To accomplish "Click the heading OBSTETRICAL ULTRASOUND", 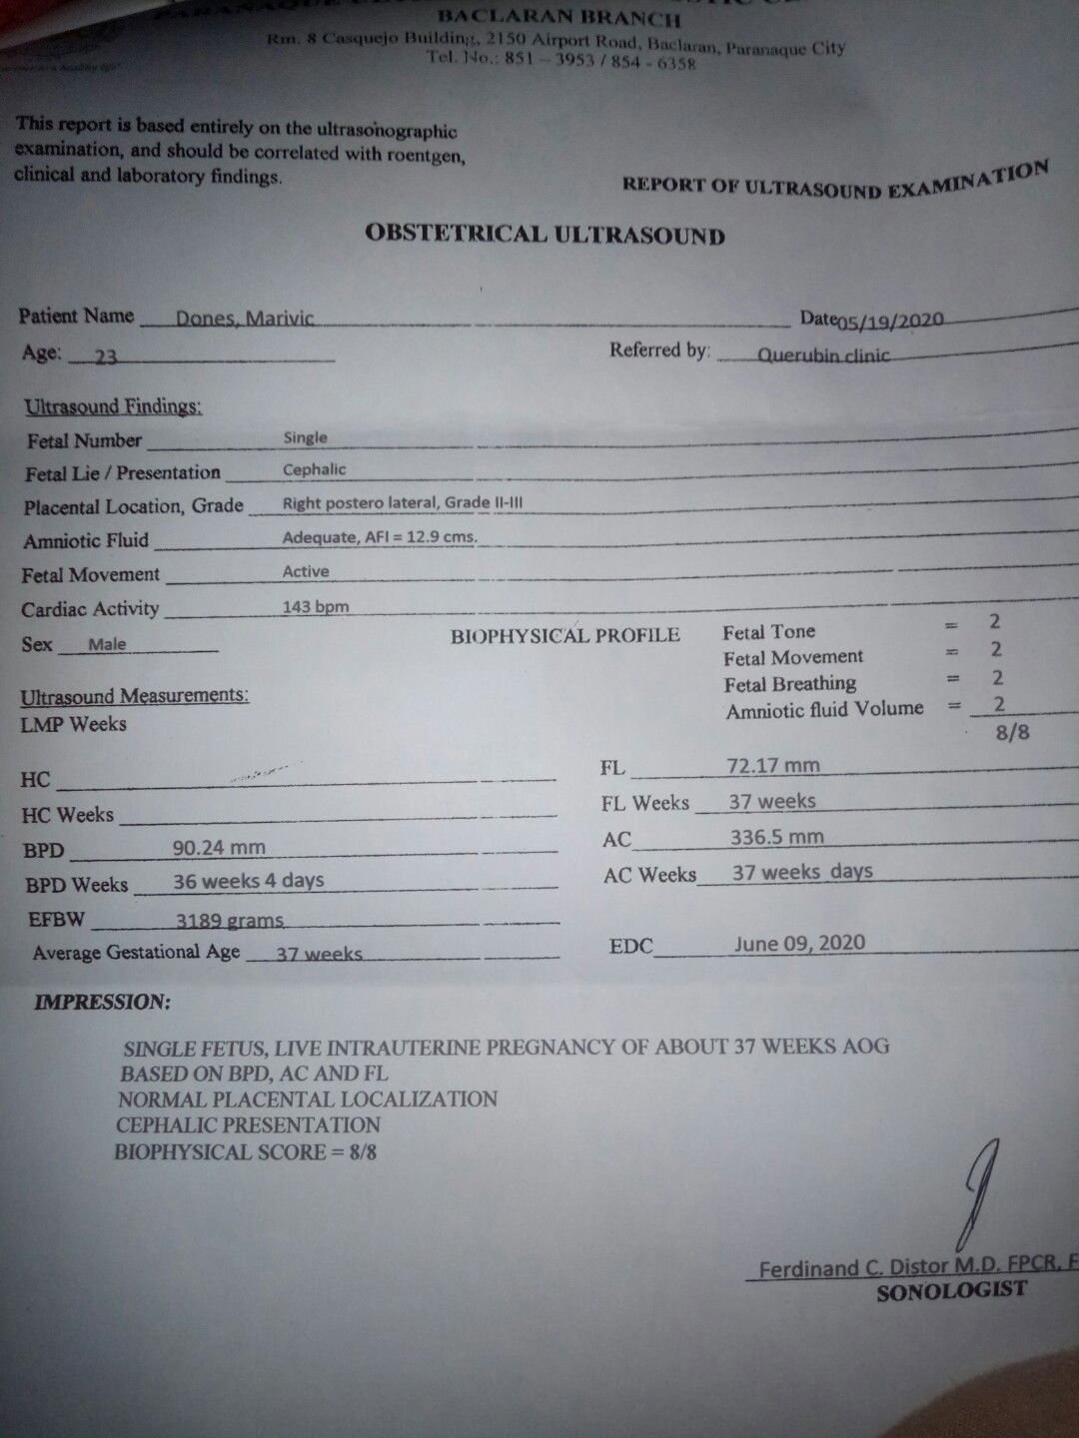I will tap(544, 235).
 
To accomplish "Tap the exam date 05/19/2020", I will tap(890, 321).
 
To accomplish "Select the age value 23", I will tap(106, 357).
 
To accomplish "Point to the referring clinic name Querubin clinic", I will tap(823, 354).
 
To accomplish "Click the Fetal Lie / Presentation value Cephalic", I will tap(314, 469).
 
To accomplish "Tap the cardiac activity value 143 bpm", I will tap(316, 606).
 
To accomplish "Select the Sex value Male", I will tap(107, 644).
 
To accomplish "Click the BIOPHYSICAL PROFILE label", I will tap(564, 635).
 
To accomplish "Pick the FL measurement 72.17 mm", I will tap(773, 766).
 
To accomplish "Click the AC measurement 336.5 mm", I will tap(776, 837).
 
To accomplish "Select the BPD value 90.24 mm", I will tap(219, 848).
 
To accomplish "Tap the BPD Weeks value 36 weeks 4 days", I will tap(248, 881).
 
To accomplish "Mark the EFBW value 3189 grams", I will tap(230, 920).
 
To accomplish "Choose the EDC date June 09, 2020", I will tap(799, 943).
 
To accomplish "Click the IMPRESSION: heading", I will tap(102, 1002).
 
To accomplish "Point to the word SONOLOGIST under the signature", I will tap(951, 1290).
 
